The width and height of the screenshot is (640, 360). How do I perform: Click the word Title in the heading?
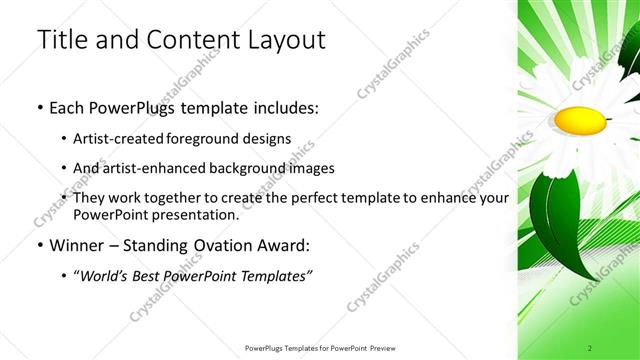[x=61, y=40]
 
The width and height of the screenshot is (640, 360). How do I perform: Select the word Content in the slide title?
[x=190, y=40]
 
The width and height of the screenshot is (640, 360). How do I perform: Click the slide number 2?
[x=590, y=347]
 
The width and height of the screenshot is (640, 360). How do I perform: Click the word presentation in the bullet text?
[x=189, y=214]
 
